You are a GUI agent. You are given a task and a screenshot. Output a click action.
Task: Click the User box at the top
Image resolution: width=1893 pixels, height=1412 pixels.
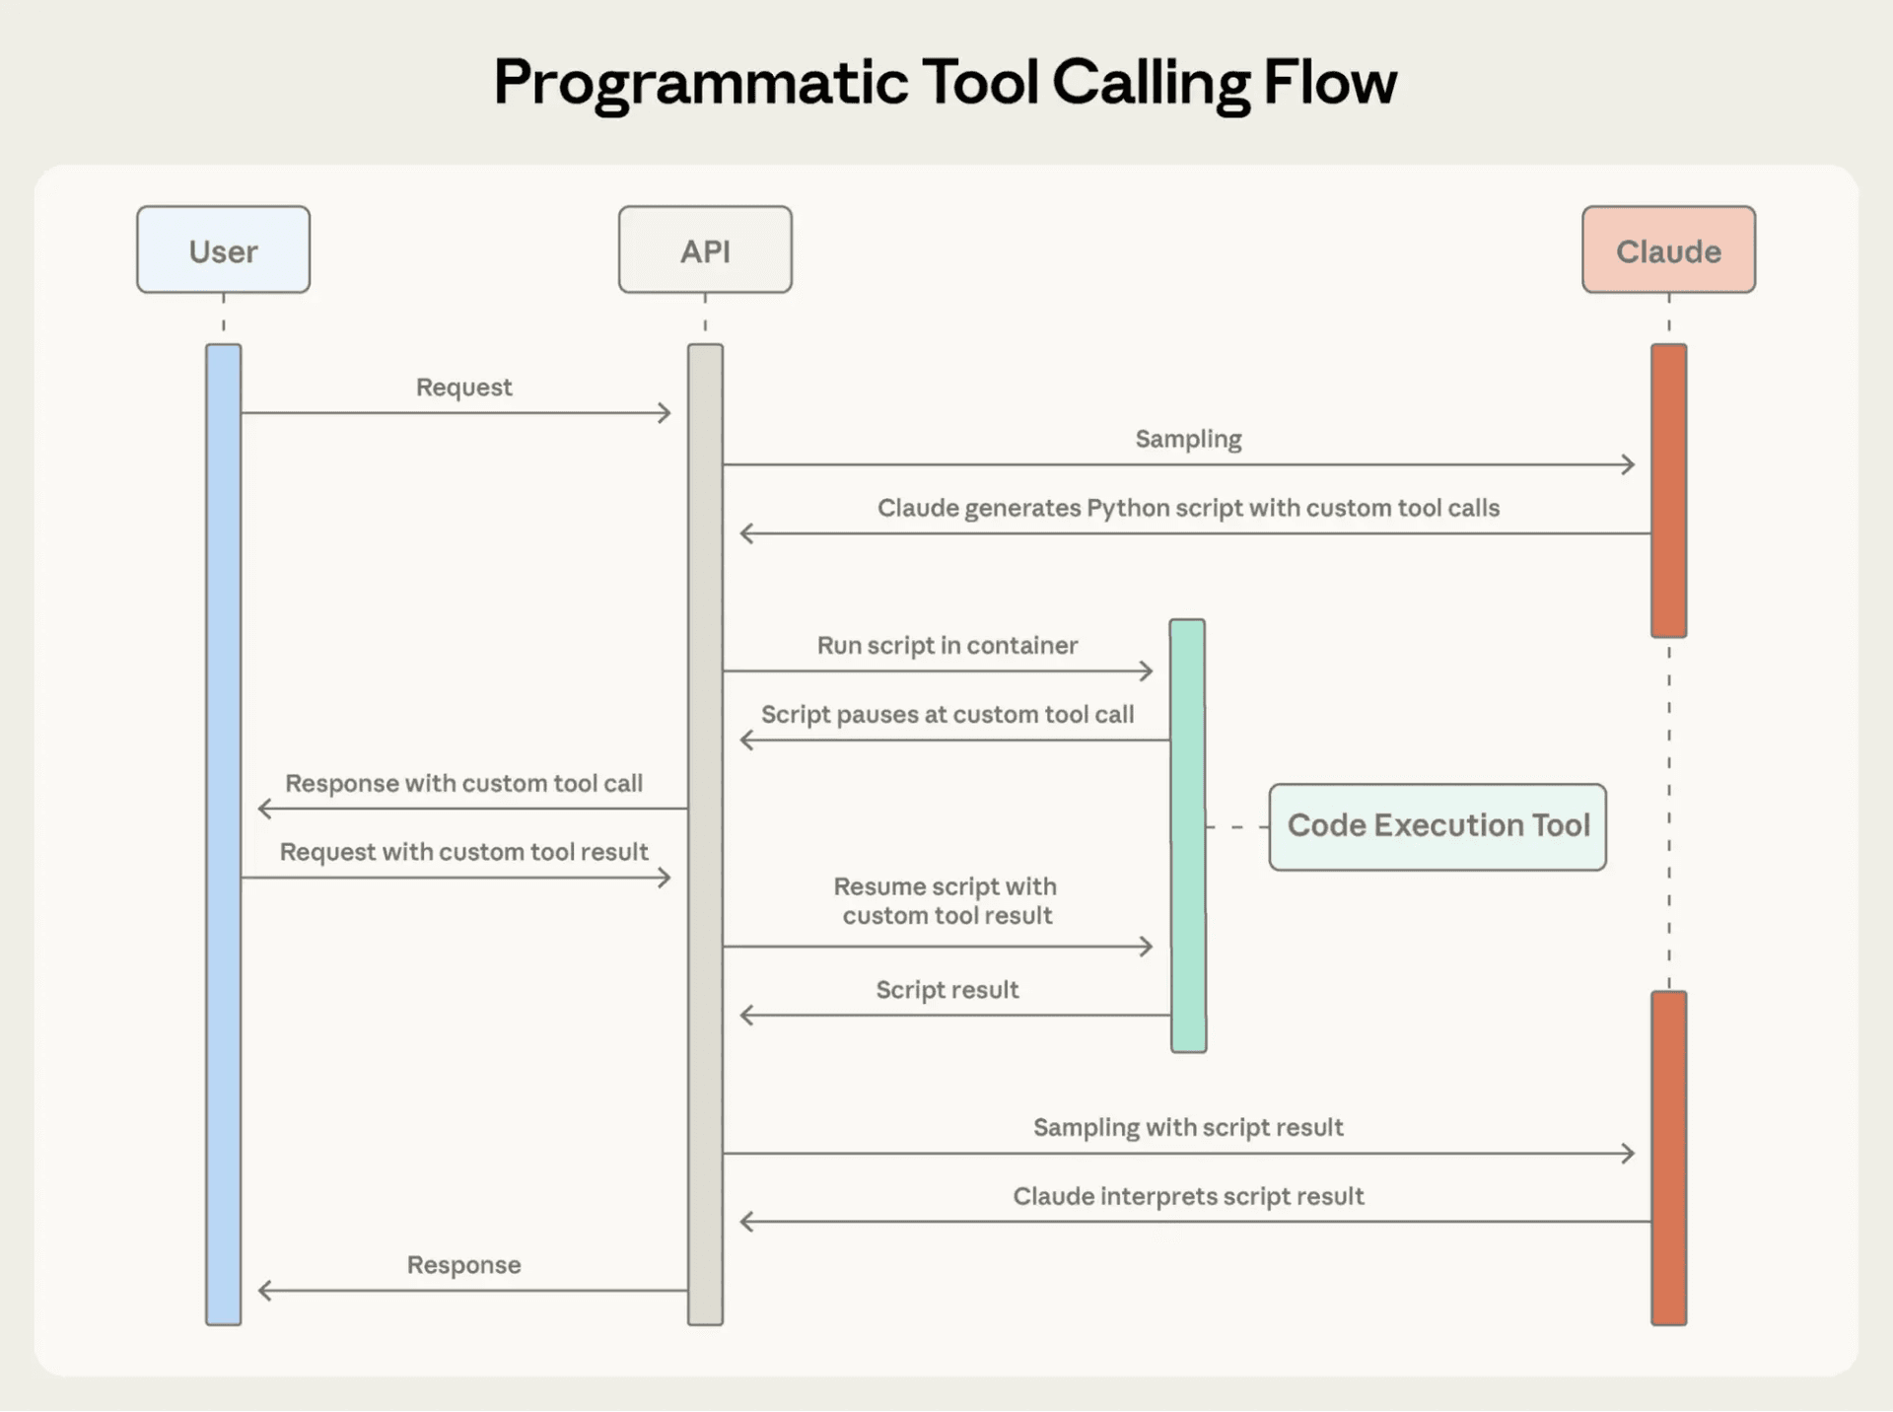click(223, 250)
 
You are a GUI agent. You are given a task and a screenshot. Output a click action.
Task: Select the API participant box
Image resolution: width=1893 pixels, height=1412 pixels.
click(705, 250)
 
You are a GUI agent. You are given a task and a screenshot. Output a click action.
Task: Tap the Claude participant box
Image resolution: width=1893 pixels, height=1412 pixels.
click(1668, 250)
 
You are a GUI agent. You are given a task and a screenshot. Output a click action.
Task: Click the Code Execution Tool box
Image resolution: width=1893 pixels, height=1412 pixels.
click(1437, 826)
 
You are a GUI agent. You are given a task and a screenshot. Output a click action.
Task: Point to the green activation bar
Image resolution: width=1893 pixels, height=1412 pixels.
click(1187, 836)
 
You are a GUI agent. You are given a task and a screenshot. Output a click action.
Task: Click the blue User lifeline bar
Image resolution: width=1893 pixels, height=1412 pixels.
click(224, 834)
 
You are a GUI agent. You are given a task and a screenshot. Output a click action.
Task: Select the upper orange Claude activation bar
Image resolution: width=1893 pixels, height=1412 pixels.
click(1668, 490)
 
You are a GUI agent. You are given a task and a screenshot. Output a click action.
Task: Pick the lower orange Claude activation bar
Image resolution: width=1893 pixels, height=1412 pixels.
click(1668, 1158)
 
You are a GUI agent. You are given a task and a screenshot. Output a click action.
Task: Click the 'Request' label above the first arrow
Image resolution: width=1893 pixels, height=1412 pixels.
click(463, 388)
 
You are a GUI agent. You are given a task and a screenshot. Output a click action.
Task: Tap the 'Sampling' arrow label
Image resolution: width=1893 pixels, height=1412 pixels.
click(1188, 439)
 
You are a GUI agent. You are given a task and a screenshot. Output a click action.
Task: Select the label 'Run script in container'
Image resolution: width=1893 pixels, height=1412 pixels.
click(946, 646)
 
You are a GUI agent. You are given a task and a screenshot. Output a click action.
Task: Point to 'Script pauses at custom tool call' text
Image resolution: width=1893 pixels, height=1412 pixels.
click(946, 715)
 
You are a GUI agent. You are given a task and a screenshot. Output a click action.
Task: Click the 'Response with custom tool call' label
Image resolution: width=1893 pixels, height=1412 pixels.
click(463, 784)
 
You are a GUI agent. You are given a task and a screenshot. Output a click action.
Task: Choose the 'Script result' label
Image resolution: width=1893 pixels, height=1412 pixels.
click(946, 990)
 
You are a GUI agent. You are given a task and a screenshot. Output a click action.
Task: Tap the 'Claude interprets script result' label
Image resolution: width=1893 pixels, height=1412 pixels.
click(1188, 1197)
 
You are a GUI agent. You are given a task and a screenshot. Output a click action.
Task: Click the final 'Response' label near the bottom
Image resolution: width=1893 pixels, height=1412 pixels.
click(463, 1265)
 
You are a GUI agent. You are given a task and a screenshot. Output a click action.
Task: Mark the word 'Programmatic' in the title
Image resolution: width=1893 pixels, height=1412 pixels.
click(700, 84)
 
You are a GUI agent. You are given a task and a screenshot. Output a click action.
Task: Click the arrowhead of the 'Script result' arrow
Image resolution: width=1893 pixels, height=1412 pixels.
click(745, 1016)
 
